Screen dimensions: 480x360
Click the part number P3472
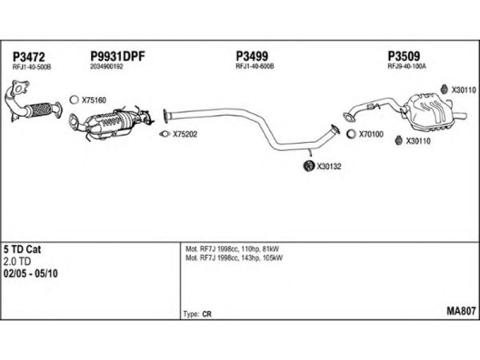(29, 57)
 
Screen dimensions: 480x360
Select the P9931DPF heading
(118, 56)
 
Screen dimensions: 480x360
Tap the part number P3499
(252, 56)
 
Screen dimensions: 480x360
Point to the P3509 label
(404, 56)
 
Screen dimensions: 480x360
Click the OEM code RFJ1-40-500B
(32, 67)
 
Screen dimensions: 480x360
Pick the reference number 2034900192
(107, 67)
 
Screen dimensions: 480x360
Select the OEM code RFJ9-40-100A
(407, 66)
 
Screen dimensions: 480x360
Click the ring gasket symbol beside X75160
(74, 100)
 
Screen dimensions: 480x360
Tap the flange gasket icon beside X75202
(164, 134)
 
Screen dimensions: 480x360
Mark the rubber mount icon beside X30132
(308, 166)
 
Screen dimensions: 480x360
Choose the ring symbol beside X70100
(351, 134)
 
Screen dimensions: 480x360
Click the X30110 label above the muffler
(464, 90)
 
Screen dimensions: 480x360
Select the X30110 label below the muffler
(418, 141)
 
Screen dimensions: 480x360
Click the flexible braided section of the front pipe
(40, 109)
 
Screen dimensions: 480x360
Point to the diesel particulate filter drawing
(111, 124)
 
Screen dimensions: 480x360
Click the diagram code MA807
(461, 311)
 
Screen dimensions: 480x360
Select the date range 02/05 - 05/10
(31, 274)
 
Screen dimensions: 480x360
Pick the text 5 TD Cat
(22, 249)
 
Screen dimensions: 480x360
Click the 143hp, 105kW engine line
(234, 258)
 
